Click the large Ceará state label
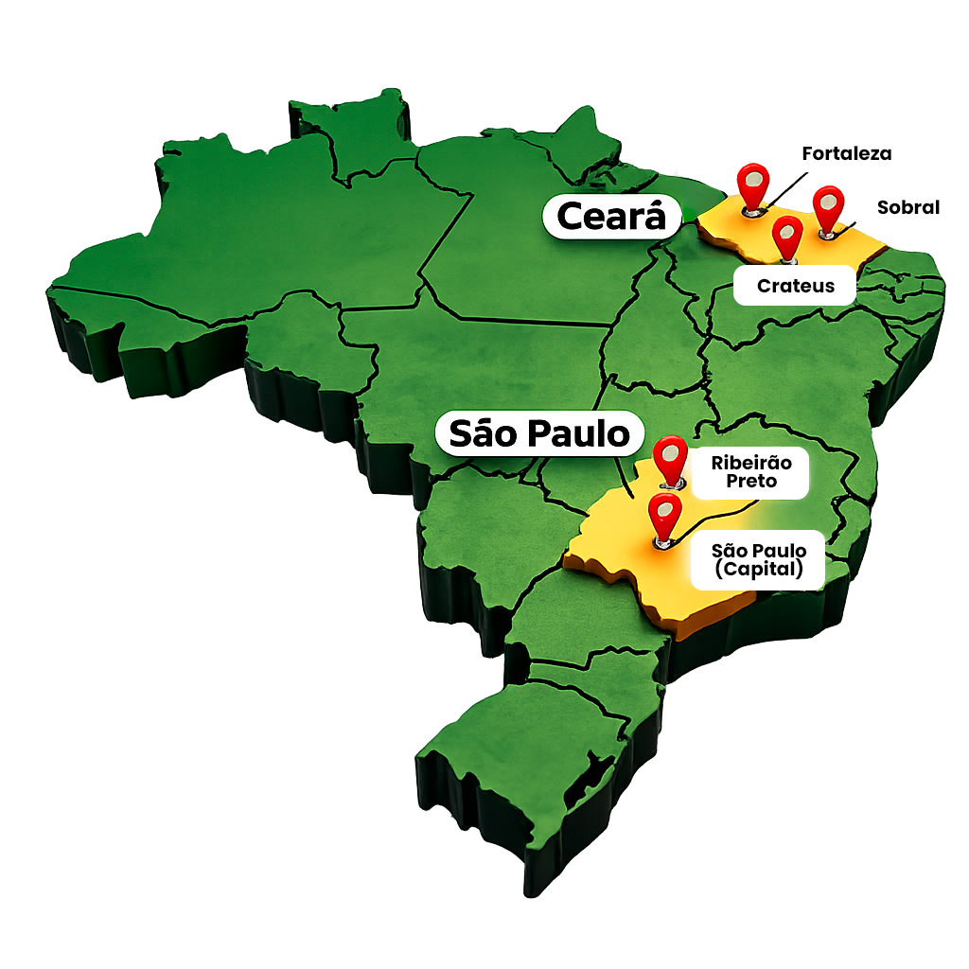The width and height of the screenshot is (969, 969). pyautogui.click(x=611, y=217)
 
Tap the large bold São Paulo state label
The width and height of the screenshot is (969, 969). pyautogui.click(x=538, y=434)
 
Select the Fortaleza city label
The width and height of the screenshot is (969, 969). pyautogui.click(x=847, y=153)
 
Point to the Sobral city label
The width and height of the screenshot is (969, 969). pyautogui.click(x=907, y=207)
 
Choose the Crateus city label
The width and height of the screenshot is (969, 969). pyautogui.click(x=795, y=286)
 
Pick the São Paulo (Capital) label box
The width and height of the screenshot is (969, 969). pyautogui.click(x=758, y=560)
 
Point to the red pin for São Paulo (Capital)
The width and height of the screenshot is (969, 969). pyautogui.click(x=665, y=515)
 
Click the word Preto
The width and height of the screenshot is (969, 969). pyautogui.click(x=751, y=482)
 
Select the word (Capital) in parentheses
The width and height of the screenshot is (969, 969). pyautogui.click(x=758, y=570)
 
